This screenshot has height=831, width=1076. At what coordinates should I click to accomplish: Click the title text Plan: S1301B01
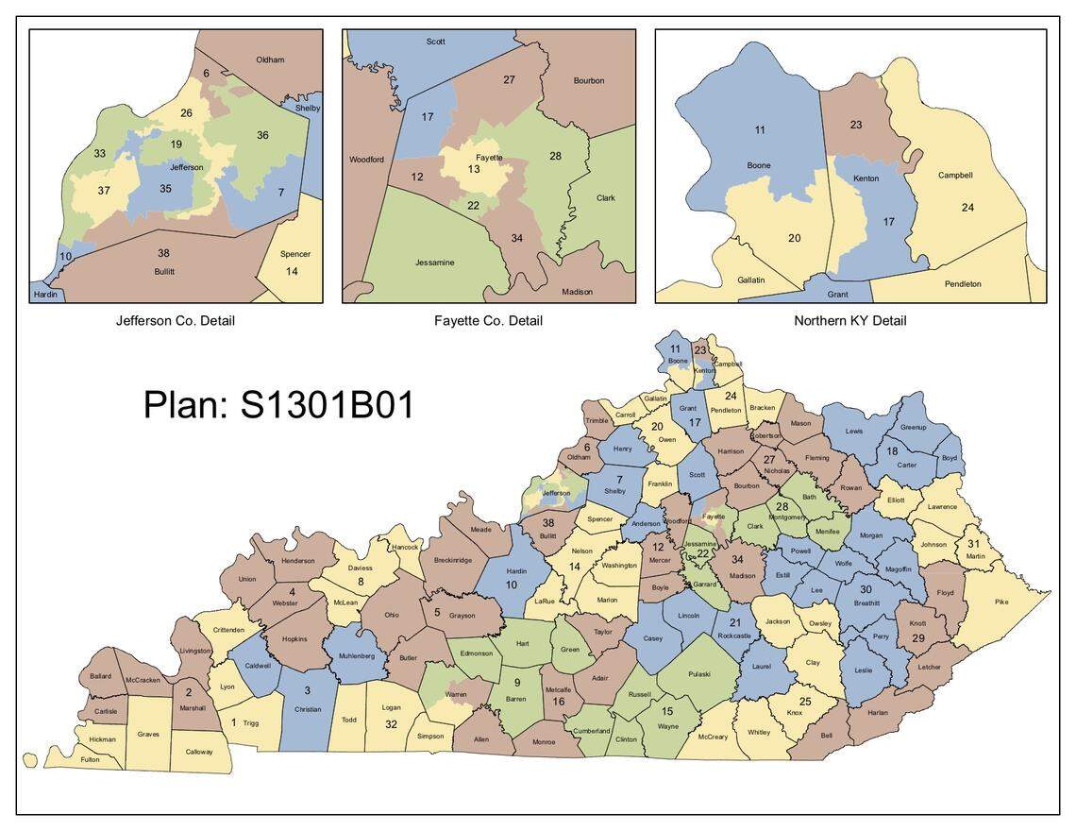(278, 404)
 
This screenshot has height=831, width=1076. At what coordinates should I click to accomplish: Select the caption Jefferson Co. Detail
(176, 321)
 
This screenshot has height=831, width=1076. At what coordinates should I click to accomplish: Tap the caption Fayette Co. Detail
(488, 321)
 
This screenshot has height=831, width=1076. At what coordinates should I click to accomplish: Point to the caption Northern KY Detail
(849, 321)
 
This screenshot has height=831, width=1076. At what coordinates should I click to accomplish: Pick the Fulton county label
(89, 759)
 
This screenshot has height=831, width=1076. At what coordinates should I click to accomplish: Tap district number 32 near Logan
(391, 724)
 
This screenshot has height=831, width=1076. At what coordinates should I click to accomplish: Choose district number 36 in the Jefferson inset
(262, 135)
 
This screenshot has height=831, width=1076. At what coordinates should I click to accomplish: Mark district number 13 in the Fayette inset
(474, 169)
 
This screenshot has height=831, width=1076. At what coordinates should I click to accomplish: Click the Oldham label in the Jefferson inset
(270, 59)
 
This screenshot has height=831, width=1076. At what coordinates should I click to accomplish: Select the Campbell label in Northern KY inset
(955, 175)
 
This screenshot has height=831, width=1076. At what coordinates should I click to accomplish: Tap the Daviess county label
(361, 568)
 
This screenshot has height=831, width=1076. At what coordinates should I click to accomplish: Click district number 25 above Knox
(804, 702)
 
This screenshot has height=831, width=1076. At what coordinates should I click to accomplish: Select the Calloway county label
(199, 752)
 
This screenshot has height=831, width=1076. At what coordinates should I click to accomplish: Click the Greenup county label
(913, 427)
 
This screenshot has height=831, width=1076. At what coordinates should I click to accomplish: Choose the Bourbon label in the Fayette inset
(589, 80)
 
